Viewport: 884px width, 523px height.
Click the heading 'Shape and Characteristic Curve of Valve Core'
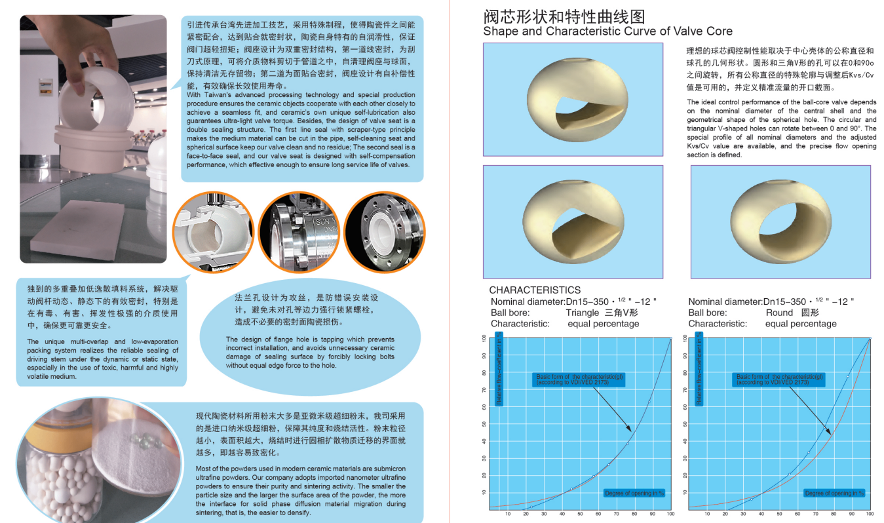(607, 31)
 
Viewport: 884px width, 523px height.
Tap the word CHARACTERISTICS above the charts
(534, 290)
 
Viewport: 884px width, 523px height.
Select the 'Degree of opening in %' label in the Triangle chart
(634, 493)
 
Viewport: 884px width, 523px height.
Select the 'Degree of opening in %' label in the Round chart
(834, 493)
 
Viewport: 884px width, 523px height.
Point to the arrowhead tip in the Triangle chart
(632, 431)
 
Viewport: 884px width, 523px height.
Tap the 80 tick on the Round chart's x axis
(834, 514)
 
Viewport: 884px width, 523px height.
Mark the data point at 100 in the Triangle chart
(670, 338)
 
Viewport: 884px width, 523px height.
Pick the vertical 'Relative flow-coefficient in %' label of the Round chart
(699, 370)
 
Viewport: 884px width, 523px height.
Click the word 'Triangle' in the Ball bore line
(583, 313)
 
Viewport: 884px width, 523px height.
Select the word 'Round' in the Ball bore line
(779, 313)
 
